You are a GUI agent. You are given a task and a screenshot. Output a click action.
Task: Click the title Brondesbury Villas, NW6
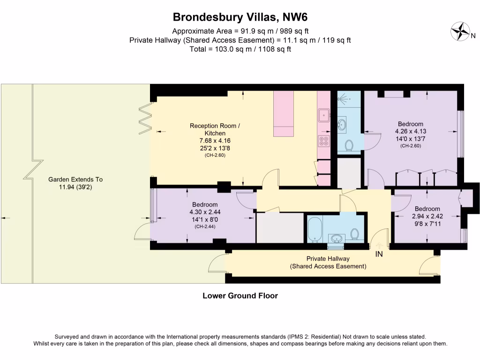tap(240, 17)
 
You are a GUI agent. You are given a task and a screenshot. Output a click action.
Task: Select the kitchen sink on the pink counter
tap(323, 114)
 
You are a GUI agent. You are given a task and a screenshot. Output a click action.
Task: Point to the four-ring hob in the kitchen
tap(323, 140)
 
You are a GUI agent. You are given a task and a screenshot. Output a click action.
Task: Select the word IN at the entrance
tap(379, 255)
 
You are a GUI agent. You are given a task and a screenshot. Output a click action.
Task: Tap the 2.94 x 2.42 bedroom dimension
tap(427, 216)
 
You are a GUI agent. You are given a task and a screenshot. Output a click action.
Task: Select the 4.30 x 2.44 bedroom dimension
tap(205, 212)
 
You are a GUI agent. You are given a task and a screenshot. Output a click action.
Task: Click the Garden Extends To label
tap(75, 180)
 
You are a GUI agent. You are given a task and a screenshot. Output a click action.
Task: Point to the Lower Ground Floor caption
tap(240, 296)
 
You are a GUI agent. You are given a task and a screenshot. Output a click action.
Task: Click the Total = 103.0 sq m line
tap(240, 49)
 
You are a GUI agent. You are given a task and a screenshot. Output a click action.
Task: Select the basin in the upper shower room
tap(343, 124)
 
